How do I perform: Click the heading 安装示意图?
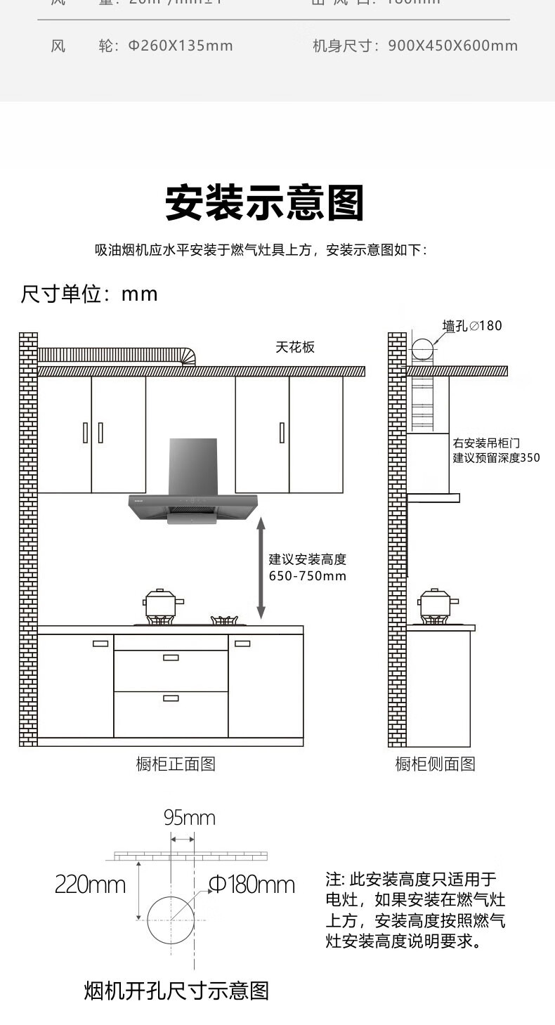tap(265, 203)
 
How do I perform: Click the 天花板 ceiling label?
tap(295, 347)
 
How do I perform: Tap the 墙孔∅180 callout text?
tap(472, 325)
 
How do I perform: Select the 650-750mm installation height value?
tap(308, 576)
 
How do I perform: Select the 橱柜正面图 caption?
tap(176, 764)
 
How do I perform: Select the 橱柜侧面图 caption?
tap(435, 764)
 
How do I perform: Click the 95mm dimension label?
tap(189, 818)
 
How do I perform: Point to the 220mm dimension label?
tap(90, 884)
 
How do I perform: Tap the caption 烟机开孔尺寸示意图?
tap(176, 991)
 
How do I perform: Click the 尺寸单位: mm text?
tap(89, 294)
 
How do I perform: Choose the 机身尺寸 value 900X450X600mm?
tap(452, 46)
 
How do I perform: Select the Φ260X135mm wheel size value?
tap(180, 46)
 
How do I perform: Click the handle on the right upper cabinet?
tap(282, 432)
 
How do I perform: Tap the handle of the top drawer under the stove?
tap(171, 658)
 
